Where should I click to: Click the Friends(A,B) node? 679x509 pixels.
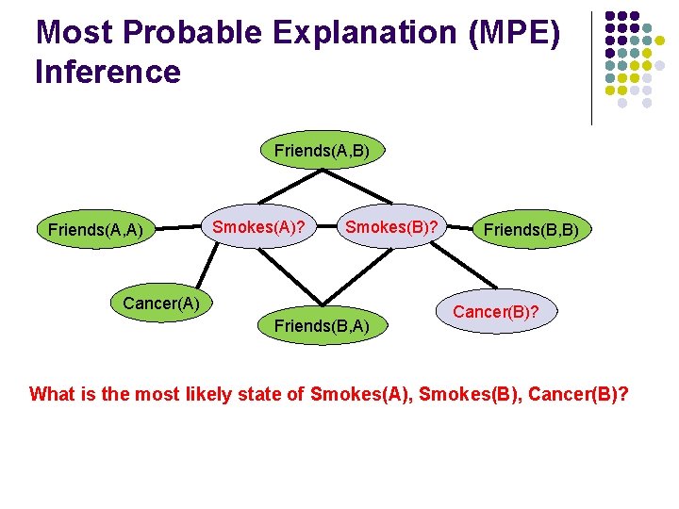coord(322,151)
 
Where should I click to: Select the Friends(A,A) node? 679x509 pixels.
coord(95,229)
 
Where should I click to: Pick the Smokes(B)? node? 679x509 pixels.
coord(390,226)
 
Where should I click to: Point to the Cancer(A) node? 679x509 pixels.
coord(160,304)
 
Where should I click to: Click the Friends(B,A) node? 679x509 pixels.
coord(321,326)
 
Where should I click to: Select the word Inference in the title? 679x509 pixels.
coord(108,72)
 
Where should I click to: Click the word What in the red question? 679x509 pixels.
coord(53,394)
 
